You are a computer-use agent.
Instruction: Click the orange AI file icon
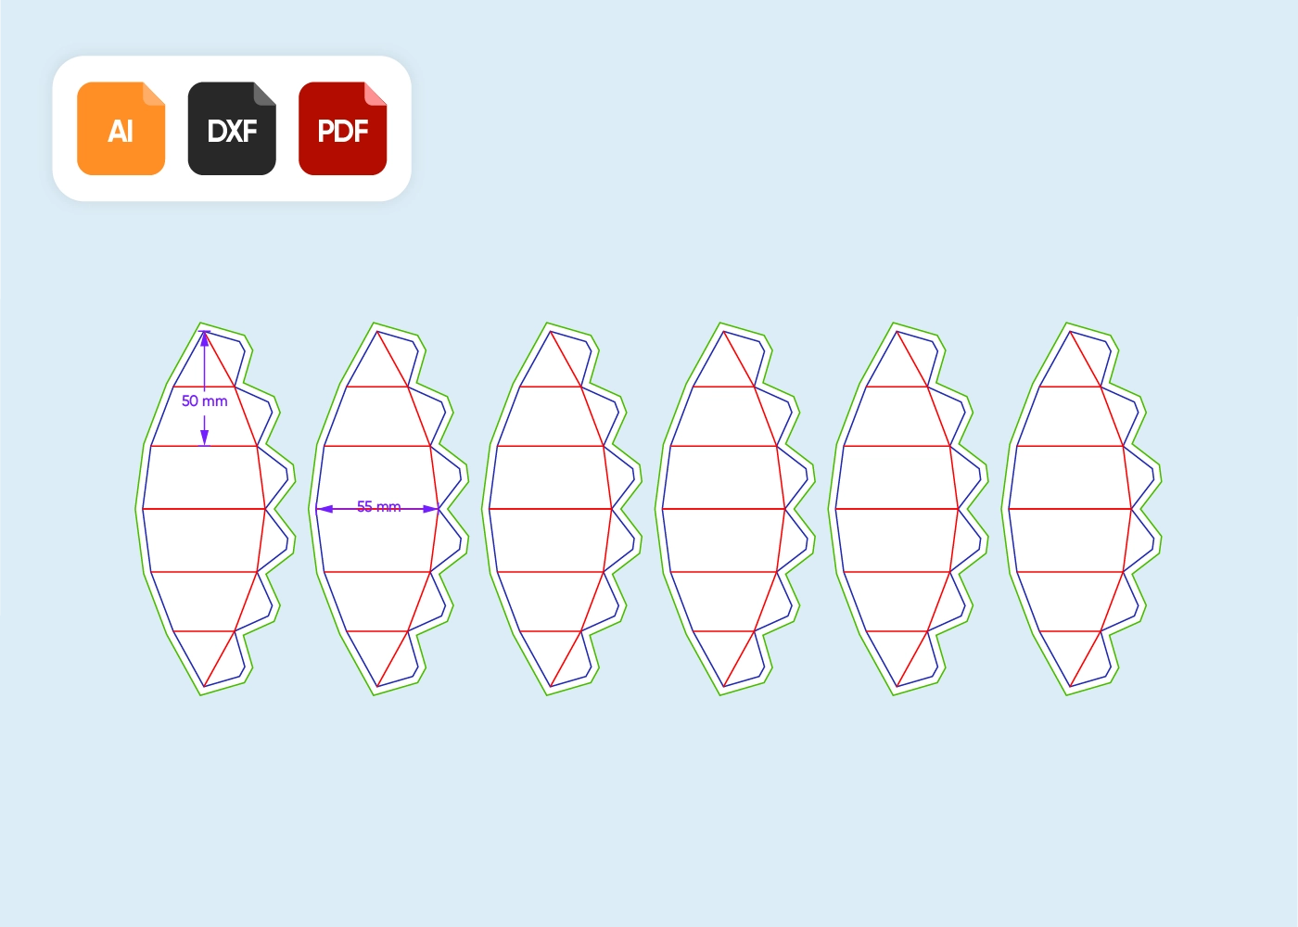[121, 129]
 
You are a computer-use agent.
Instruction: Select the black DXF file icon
[232, 129]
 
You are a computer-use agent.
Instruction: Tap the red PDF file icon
[342, 129]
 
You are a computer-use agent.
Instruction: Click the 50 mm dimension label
[204, 401]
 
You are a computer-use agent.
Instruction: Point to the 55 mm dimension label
[378, 507]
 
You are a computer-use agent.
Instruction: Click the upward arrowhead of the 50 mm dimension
[205, 339]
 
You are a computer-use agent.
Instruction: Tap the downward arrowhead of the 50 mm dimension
[205, 438]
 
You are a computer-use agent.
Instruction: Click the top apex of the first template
[203, 330]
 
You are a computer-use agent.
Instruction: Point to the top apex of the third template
[550, 330]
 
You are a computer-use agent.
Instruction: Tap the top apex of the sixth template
[1070, 330]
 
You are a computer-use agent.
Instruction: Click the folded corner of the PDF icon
[375, 93]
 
